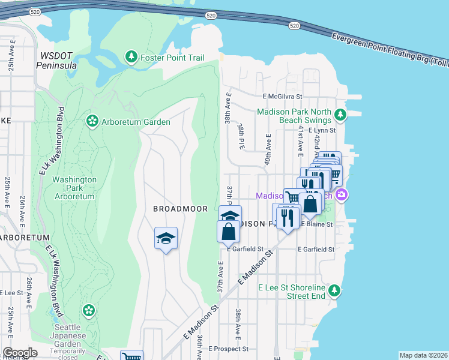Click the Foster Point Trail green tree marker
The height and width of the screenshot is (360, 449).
coord(131,57)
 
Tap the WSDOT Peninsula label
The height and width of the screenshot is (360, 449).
coord(57,59)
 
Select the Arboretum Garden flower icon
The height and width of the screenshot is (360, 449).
coord(92,122)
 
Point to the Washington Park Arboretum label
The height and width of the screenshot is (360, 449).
coord(74,188)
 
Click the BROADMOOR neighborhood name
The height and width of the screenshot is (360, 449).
coord(180,209)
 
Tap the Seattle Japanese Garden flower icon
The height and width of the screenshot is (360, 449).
coord(89,310)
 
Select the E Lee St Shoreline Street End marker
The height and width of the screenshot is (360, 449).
coord(335,291)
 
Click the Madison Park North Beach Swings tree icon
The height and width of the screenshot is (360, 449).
coord(340,114)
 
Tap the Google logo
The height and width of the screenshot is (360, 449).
coord(20,353)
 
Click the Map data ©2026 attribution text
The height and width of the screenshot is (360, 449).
coord(423,355)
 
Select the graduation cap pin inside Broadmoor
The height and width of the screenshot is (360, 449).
coord(166,239)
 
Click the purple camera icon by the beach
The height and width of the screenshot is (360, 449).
coord(342,194)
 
